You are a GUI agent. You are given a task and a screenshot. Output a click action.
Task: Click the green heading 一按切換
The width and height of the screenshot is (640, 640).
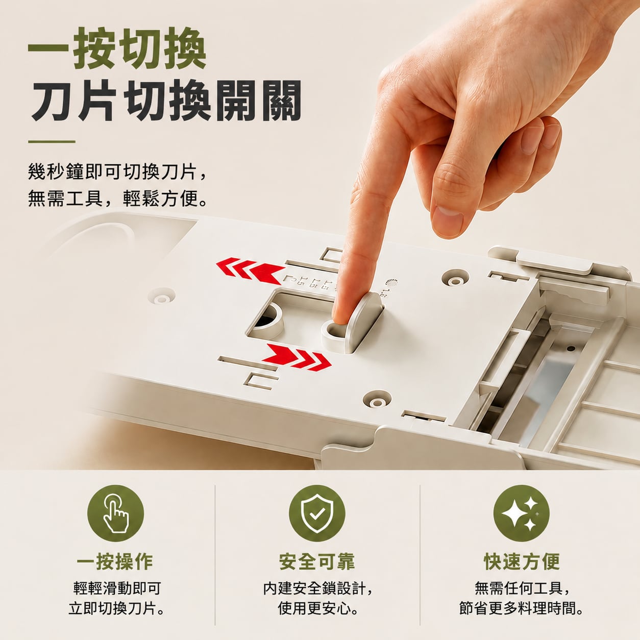[x=117, y=48]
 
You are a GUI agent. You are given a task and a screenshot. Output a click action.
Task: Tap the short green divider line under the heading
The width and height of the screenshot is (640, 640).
[x=52, y=142]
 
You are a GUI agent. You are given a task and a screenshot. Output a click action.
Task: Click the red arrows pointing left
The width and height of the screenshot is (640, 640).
[x=250, y=270]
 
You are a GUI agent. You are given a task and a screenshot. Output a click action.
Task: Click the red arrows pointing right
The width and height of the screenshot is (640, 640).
[x=297, y=358]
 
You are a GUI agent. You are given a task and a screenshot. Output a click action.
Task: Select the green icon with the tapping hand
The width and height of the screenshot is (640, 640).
[x=115, y=513]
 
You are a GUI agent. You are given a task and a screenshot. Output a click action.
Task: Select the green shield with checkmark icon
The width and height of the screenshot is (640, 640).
[x=317, y=513]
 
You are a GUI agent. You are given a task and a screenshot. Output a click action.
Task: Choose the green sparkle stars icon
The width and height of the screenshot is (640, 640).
[x=522, y=513]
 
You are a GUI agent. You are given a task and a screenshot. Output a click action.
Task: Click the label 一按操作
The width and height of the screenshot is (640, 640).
[x=115, y=561]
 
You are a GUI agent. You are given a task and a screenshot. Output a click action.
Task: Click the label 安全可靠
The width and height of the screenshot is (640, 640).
[x=317, y=561]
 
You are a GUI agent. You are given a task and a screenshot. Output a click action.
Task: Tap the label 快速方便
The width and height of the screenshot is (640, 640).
[x=522, y=561]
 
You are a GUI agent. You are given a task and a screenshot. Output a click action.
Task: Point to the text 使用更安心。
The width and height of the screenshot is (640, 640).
[x=318, y=608]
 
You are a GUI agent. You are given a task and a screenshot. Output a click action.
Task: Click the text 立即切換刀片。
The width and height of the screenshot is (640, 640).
[x=116, y=608]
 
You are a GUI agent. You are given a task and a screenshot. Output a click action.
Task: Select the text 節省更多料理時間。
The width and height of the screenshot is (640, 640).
[x=521, y=608]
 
